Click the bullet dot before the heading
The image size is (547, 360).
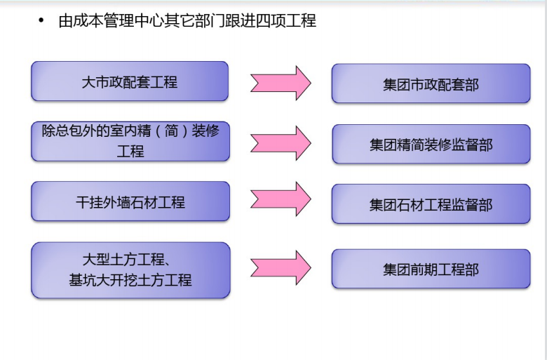tap(41, 20)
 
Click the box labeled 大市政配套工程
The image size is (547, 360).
tap(130, 81)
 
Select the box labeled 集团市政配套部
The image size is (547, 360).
tap(431, 84)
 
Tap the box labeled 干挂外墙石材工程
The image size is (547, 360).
tap(130, 201)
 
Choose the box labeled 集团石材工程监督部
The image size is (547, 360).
tap(431, 204)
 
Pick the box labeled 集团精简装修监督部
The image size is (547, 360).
tap(431, 144)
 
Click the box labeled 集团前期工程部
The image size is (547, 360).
tap(431, 269)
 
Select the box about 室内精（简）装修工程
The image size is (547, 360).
tap(130, 142)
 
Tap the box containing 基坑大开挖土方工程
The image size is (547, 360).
tap(130, 270)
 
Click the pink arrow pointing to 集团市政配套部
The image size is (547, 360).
tap(281, 83)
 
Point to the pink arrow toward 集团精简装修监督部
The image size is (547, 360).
tap(281, 143)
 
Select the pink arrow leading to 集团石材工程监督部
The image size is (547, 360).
tap(281, 199)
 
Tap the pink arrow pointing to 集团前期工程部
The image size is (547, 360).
tap(281, 268)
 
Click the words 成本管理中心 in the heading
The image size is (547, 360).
tap(112, 21)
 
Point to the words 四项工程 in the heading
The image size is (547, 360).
tap(286, 21)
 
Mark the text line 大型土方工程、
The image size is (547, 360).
tap(127, 260)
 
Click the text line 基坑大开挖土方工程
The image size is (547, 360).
tap(130, 280)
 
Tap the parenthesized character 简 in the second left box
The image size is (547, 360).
tap(172, 131)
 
